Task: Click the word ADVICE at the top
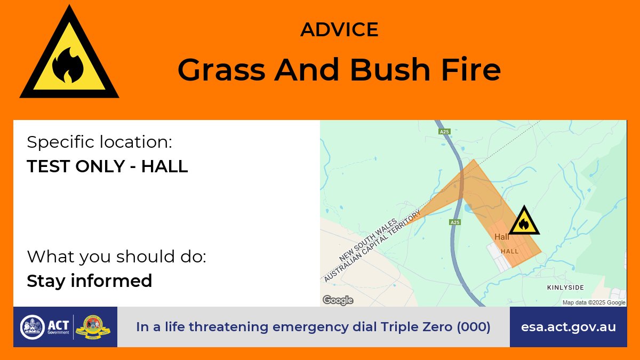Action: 339,29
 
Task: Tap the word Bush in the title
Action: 390,69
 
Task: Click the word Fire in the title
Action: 471,69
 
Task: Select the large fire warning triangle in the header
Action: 69,54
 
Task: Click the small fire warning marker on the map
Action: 524,221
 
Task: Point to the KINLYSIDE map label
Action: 565,287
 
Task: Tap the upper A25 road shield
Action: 444,131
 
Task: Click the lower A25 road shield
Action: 455,222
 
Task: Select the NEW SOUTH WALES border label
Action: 368,240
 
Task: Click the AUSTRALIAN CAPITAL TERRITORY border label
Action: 372,246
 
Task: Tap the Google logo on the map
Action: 338,300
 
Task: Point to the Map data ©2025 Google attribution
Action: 594,302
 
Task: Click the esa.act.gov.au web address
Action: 569,327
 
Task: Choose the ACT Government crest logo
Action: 33,327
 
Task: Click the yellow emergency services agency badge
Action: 93,327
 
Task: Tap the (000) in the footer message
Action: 474,327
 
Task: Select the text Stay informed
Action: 90,281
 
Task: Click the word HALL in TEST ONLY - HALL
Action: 165,166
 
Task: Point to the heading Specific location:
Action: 99,142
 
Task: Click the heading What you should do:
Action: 117,257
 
